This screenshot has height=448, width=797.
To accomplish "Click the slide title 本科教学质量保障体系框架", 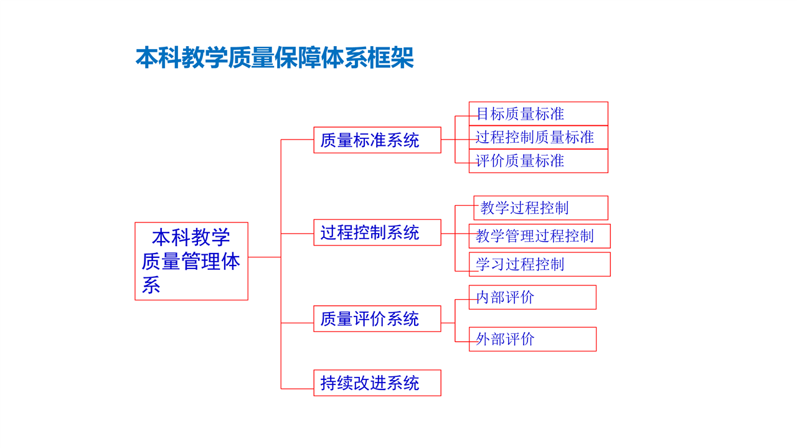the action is [275, 57].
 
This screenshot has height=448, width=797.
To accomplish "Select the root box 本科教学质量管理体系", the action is [191, 261].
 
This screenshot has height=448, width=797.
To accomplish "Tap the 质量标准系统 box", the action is [377, 140].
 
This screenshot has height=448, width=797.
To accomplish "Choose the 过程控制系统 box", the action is [377, 232].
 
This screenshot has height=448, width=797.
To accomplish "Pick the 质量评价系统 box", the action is [377, 319].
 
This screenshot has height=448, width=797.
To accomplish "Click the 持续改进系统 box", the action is [377, 383].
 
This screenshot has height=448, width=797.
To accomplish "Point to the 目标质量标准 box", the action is [539, 113].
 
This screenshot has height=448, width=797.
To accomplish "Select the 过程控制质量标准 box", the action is [539, 137].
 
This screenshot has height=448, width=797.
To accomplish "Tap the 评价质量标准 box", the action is [539, 161].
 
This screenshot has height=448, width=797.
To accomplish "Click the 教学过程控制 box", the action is [541, 207].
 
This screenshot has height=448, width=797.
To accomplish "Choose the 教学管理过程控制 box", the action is [540, 236].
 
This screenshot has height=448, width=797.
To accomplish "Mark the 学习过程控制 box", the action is [540, 264].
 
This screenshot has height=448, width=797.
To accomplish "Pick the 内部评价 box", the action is [532, 297].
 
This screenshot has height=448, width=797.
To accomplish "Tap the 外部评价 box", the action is [532, 339].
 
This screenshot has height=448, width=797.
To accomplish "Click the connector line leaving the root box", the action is [265, 257].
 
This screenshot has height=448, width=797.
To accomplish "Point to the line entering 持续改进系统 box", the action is [297, 389].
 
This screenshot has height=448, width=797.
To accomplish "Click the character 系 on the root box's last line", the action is [151, 285].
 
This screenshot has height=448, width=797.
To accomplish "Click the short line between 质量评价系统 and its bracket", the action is [448, 323].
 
